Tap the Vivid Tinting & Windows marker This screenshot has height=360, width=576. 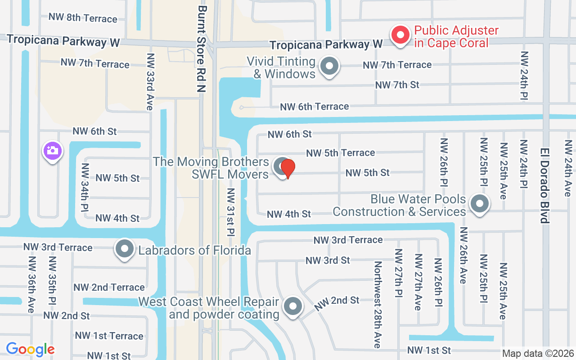(x=329, y=67)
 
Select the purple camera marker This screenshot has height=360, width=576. (x=52, y=150)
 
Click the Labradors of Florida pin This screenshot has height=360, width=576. (x=125, y=249)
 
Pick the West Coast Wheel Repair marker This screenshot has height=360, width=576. (x=293, y=307)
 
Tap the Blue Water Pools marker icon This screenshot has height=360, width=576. (x=480, y=204)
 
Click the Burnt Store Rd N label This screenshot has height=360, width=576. (x=202, y=49)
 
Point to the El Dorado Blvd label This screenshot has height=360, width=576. (x=545, y=185)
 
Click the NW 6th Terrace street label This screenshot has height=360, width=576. (x=315, y=107)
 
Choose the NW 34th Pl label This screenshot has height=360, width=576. (x=85, y=187)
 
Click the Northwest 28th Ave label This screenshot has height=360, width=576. (x=378, y=304)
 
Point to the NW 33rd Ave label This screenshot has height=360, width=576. (x=150, y=82)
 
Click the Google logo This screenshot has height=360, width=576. (x=30, y=349)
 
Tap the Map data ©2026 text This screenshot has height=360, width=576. (x=538, y=354)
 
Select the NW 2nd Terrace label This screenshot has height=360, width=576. (x=109, y=287)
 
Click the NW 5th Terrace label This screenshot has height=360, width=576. (x=341, y=153)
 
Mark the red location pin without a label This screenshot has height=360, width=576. (x=288, y=168)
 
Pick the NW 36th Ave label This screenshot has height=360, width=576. (x=31, y=285)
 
